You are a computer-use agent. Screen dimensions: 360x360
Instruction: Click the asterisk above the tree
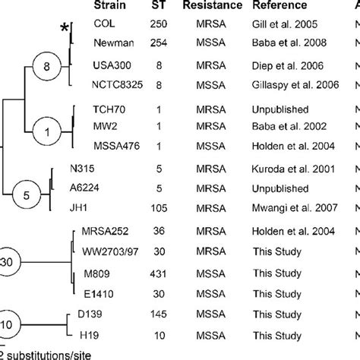tap(65, 28)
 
